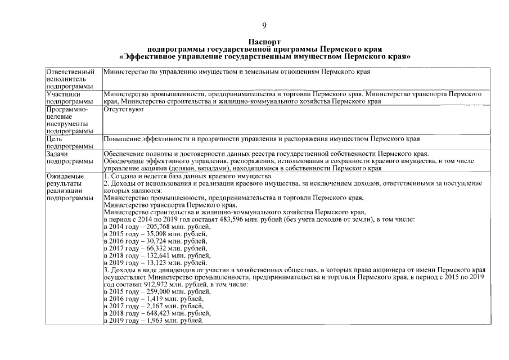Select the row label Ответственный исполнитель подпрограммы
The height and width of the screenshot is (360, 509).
pyautogui.click(x=70, y=79)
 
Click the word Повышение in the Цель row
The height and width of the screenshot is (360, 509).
pyautogui.click(x=121, y=138)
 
